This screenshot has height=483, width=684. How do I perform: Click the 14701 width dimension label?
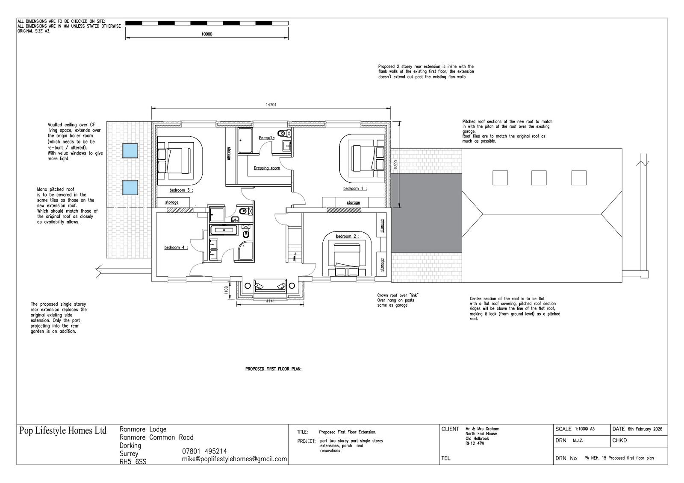point(271,105)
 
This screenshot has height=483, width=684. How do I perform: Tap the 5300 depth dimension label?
point(396,164)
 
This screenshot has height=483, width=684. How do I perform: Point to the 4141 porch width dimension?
point(270,301)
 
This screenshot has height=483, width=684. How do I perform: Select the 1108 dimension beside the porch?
point(226,290)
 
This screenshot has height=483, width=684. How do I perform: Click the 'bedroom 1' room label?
point(355,189)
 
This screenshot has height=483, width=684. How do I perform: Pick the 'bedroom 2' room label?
point(348,236)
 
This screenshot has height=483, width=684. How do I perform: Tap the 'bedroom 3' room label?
point(181,190)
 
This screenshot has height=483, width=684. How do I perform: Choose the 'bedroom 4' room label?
point(176,247)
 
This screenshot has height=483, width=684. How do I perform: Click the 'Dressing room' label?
point(267,168)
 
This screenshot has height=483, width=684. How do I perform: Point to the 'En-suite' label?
point(267,138)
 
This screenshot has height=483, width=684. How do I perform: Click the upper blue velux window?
point(130,150)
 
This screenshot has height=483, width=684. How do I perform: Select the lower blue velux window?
point(130,187)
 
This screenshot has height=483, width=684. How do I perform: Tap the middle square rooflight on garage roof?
point(539,178)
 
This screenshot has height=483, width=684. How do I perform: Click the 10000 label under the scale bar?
point(207,34)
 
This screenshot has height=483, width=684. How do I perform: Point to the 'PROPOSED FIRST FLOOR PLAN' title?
point(273,369)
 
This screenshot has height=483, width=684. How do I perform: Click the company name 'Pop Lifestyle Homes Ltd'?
point(63,430)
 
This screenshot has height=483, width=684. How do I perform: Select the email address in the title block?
point(235,459)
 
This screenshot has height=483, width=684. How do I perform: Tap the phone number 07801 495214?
point(205,451)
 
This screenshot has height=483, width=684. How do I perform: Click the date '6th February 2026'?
point(645,429)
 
